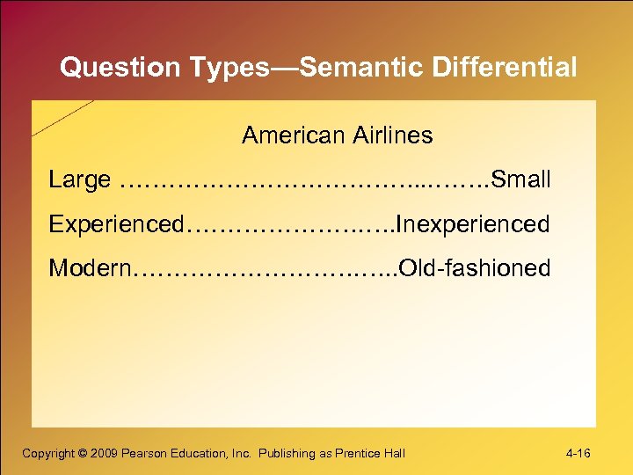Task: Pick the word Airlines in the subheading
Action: tap(393, 135)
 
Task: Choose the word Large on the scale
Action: tap(79, 180)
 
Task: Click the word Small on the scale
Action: tap(521, 180)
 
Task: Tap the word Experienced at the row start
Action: tap(116, 224)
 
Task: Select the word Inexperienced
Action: tap(474, 224)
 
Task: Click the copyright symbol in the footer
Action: tap(83, 453)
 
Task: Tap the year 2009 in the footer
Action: tap(104, 453)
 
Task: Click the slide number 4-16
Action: tap(578, 453)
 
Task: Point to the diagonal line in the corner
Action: tap(62, 118)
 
